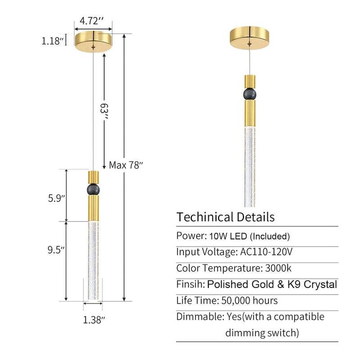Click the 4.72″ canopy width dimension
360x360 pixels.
click(92, 21)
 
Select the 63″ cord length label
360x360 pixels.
click(104, 111)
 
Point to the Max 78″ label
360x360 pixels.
click(126, 165)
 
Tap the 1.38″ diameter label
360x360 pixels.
click(94, 320)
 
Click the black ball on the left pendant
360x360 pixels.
click(93, 189)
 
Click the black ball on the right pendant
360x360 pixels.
click(250, 94)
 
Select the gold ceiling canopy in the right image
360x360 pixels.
click(250, 38)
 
